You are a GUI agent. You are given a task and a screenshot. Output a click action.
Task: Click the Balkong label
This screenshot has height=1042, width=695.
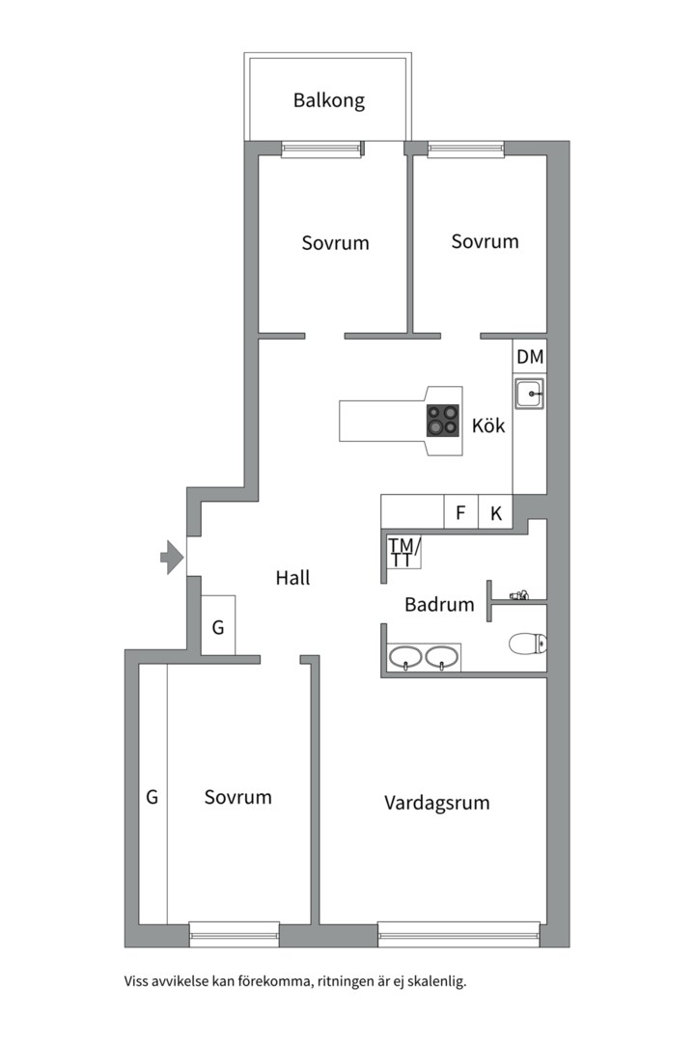pyautogui.click(x=328, y=100)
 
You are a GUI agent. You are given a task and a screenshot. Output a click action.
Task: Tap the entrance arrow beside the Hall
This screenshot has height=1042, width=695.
pyautogui.click(x=172, y=557)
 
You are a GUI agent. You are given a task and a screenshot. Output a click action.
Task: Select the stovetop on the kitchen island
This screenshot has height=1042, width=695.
pyautogui.click(x=443, y=421)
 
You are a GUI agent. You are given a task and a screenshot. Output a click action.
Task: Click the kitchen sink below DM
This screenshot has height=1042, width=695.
pyautogui.click(x=529, y=394)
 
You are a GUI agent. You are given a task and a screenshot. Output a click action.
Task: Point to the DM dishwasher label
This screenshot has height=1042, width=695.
pyautogui.click(x=530, y=357)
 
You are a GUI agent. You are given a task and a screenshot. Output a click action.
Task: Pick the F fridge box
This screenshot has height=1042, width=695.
pyautogui.click(x=460, y=512)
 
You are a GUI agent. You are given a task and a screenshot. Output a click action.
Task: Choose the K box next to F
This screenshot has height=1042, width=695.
pyautogui.click(x=495, y=512)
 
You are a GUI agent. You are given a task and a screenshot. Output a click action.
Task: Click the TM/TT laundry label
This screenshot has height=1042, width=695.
pyautogui.click(x=403, y=553)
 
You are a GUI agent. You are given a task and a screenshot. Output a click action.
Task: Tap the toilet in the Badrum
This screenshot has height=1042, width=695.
pyautogui.click(x=528, y=644)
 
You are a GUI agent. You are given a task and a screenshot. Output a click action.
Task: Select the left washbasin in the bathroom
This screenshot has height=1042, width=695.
pyautogui.click(x=405, y=658)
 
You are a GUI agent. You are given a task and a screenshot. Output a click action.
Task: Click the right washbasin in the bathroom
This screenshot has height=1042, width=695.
pyautogui.click(x=441, y=658)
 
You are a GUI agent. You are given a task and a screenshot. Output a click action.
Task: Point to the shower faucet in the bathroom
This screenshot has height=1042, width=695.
pyautogui.click(x=518, y=595)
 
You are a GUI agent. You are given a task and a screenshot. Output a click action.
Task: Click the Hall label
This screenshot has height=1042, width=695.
pyautogui.click(x=292, y=578)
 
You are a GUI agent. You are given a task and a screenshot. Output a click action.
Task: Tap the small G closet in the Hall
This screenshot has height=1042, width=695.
pyautogui.click(x=218, y=625)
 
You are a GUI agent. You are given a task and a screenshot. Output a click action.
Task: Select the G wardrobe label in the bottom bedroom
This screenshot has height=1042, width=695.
pyautogui.click(x=152, y=797)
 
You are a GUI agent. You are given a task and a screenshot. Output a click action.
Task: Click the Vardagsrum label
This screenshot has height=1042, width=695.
pyautogui.click(x=437, y=803)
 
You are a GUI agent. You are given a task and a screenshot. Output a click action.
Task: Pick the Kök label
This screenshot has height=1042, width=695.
pyautogui.click(x=488, y=425)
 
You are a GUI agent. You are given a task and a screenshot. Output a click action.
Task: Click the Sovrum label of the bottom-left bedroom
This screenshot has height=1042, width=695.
pyautogui.click(x=238, y=797)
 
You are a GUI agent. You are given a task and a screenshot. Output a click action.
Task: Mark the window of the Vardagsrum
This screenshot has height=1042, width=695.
pyautogui.click(x=459, y=934)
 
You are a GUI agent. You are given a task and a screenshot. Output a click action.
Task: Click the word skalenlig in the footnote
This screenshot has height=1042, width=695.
pyautogui.click(x=436, y=981)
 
